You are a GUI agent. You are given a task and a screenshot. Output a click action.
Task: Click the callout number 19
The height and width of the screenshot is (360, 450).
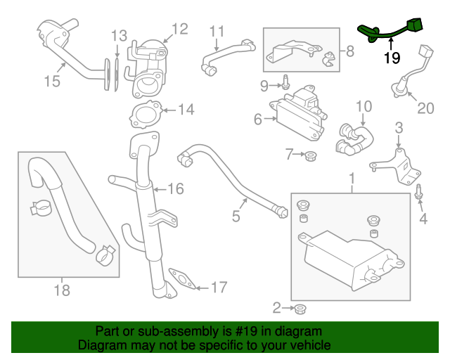(392, 58)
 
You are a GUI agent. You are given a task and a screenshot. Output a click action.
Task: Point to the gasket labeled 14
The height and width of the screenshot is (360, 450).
(145, 113)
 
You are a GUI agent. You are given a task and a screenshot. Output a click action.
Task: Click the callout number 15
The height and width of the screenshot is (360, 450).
(53, 81)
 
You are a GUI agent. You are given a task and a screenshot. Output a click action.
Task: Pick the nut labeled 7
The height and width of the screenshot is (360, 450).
(311, 155)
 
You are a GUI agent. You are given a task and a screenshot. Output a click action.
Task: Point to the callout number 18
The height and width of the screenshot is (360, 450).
(62, 289)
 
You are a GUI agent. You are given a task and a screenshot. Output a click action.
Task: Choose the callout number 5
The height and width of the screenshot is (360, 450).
(236, 217)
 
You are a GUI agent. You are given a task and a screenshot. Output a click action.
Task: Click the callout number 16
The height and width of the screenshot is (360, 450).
(175, 188)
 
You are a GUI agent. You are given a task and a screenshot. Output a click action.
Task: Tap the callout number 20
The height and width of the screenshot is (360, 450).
(426, 108)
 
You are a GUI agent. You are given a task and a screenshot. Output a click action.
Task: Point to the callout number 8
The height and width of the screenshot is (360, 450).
(350, 51)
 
